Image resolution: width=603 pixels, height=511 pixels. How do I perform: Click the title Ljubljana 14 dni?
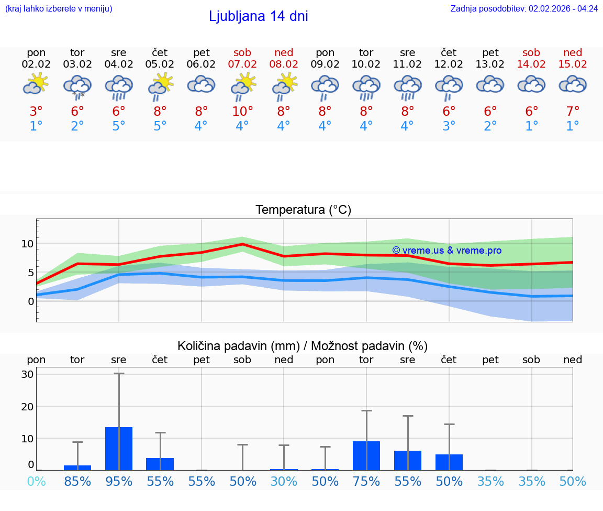258,16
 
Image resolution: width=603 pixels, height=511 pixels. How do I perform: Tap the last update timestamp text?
524,9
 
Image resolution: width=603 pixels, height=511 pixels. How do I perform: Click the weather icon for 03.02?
77,86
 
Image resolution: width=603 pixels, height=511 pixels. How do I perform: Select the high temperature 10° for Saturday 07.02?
242,111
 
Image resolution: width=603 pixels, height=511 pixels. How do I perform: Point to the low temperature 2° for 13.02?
490,126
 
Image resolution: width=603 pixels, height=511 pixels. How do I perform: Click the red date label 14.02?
531,64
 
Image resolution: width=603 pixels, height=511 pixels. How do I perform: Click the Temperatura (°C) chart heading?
303,210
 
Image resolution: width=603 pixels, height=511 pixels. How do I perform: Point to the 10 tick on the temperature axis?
27,244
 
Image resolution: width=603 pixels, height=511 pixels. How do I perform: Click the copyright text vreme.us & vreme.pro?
446,251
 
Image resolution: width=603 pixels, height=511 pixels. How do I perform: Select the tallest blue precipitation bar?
119,449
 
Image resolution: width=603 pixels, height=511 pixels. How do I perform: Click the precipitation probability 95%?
119,482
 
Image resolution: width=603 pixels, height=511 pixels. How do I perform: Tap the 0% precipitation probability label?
36,482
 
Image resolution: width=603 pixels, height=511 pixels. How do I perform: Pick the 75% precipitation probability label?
366,482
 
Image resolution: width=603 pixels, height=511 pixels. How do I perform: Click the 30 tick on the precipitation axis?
27,374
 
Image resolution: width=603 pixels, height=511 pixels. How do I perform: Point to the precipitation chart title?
302,346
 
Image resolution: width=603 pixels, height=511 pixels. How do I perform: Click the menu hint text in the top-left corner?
58,9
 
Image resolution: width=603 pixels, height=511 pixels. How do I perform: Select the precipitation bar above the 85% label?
77,467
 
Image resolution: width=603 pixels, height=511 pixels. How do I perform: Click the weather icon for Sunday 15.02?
573,84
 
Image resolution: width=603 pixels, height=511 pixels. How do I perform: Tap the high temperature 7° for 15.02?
573,111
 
